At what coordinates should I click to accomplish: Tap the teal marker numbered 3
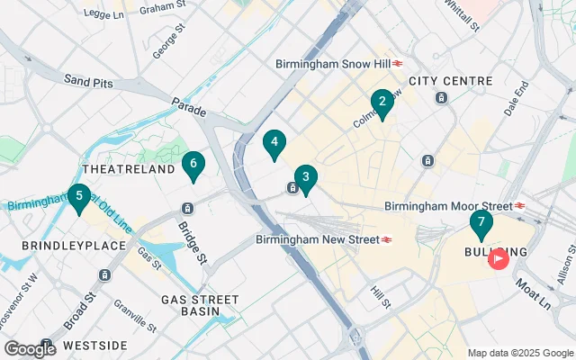(306, 178)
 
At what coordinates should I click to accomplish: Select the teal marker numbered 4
(274, 142)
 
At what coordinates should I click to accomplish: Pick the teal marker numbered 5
(80, 196)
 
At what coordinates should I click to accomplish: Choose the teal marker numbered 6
(191, 164)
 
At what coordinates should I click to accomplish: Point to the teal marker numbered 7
(481, 222)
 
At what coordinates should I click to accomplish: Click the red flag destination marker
(498, 259)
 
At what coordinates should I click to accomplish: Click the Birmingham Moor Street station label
(448, 206)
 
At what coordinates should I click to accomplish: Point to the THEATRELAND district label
(128, 169)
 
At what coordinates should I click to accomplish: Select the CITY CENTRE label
(447, 81)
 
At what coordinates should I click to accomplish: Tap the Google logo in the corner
(30, 348)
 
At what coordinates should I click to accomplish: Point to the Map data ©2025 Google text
(518, 353)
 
